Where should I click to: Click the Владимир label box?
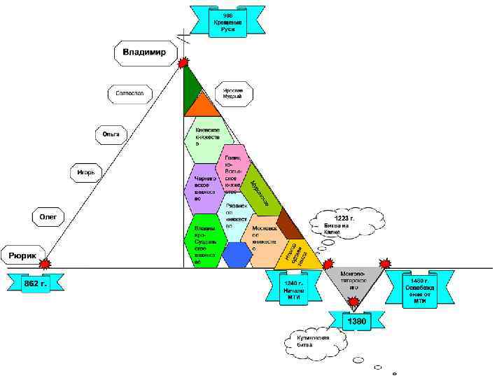[x=145, y=53]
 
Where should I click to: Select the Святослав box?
[x=129, y=92]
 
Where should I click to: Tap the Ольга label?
[x=111, y=133]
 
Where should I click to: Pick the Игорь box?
[x=86, y=172]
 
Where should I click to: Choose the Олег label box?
[x=48, y=218]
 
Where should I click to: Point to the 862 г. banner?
[x=35, y=282]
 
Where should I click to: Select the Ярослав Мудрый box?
[x=232, y=94]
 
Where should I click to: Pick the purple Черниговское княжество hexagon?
[x=206, y=188]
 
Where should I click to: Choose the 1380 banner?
[x=356, y=321]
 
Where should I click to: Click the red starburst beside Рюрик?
[x=45, y=265]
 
